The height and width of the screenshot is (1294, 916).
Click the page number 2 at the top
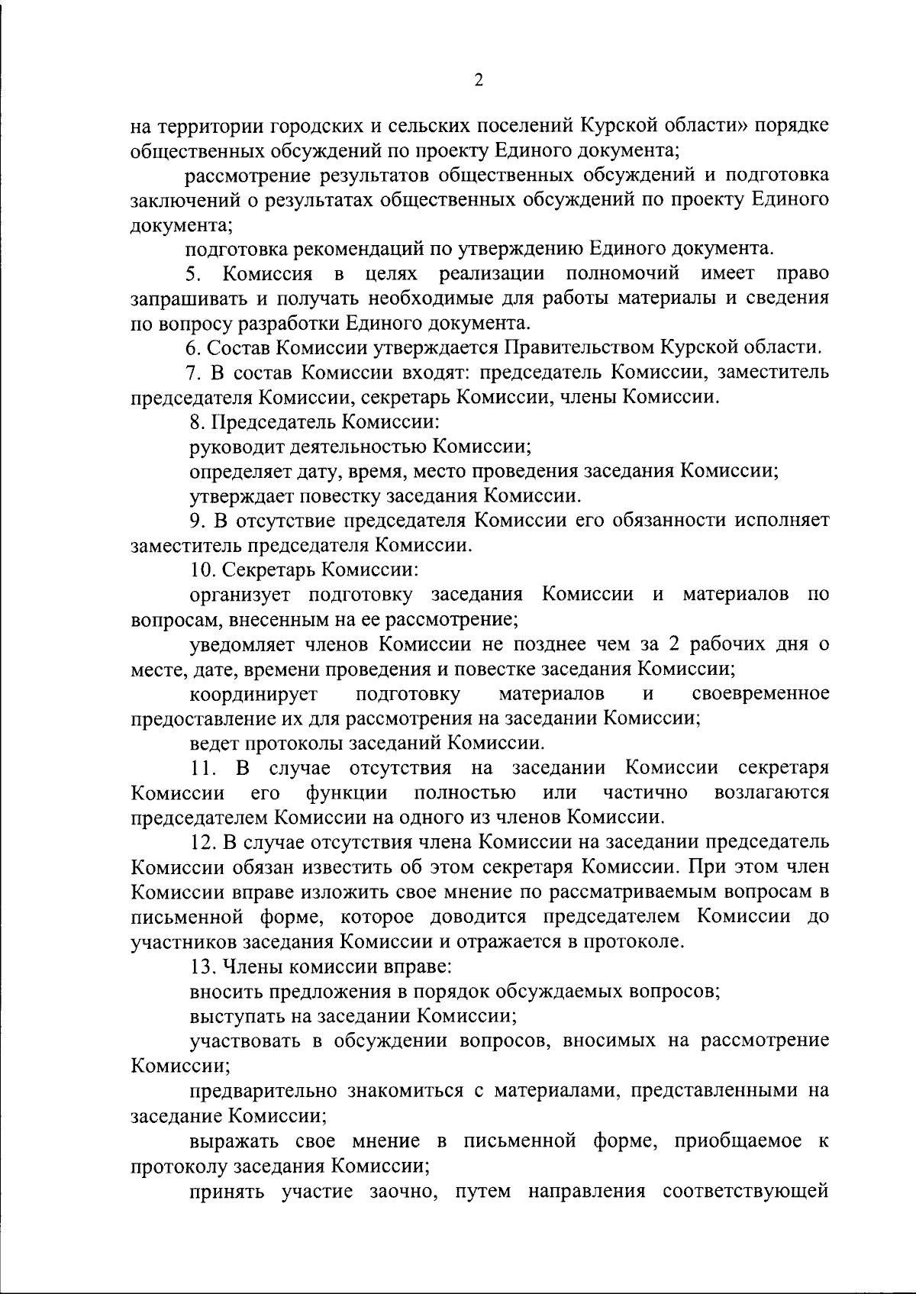point(479,80)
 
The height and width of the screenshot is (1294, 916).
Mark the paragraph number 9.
point(194,521)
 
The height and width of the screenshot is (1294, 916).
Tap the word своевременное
point(761,695)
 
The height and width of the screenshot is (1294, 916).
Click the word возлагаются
point(772,793)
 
